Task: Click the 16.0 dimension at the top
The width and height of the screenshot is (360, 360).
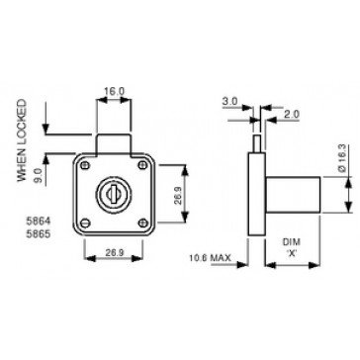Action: tap(114, 91)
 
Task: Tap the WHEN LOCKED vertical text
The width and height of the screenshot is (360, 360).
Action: tap(21, 140)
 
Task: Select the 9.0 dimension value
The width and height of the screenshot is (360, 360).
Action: tap(38, 174)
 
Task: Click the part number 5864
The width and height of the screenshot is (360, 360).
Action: tap(39, 221)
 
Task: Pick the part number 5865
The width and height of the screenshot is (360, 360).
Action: tap(39, 234)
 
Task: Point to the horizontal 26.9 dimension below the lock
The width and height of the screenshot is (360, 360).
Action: tap(114, 252)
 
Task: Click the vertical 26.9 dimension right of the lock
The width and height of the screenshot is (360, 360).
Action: tap(178, 196)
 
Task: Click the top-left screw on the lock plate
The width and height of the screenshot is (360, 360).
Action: tap(85, 165)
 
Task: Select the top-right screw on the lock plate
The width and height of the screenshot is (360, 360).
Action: tap(142, 165)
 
